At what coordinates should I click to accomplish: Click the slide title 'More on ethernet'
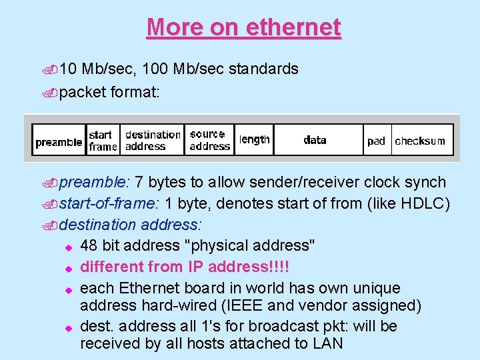click(243, 27)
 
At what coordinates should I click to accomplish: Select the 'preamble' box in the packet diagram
click(59, 141)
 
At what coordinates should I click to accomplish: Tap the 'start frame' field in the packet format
click(103, 140)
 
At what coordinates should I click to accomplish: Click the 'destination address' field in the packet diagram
click(152, 140)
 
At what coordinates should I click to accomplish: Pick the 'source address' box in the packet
click(209, 140)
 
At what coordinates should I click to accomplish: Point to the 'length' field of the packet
click(254, 140)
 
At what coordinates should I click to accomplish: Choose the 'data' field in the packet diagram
click(315, 140)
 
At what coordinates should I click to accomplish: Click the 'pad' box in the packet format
click(376, 141)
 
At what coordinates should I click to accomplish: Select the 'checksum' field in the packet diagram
click(420, 141)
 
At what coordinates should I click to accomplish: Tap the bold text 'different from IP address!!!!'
click(185, 267)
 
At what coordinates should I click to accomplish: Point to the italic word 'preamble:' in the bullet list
click(94, 182)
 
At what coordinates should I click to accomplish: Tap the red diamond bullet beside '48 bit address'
click(67, 247)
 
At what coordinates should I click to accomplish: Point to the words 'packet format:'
click(109, 91)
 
